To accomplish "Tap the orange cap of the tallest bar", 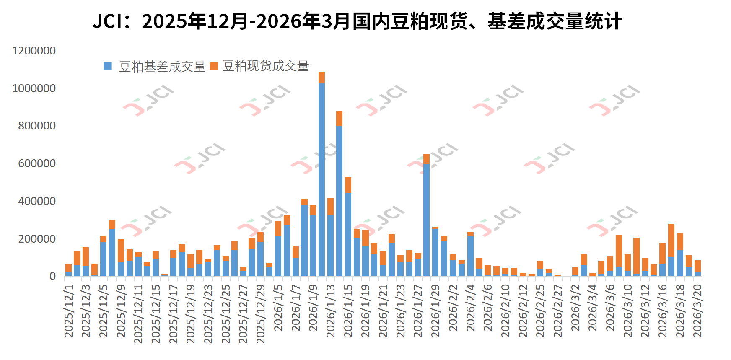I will click(x=321, y=77).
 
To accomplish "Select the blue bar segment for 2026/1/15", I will click(x=348, y=235).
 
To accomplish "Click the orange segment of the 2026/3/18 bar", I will click(x=680, y=242).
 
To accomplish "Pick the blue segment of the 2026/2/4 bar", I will click(x=470, y=256).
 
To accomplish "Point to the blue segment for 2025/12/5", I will click(x=103, y=259).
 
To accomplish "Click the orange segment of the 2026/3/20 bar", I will click(x=697, y=266).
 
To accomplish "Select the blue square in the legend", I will click(x=108, y=66).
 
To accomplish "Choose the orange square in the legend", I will click(x=214, y=66).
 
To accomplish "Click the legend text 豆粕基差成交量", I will click(x=162, y=67).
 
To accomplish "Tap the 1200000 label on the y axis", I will click(x=34, y=51).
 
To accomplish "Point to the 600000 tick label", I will click(x=37, y=163).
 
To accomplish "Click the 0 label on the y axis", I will click(x=52, y=276).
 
